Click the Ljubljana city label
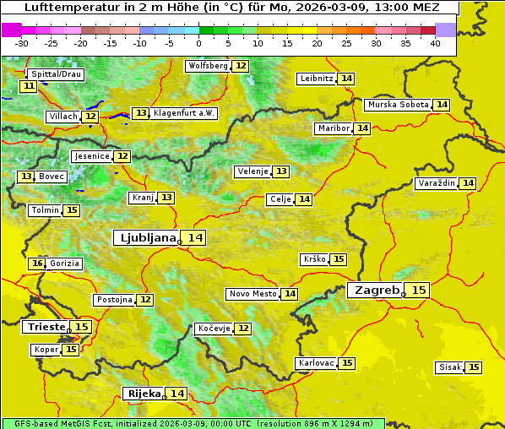coord(145,238)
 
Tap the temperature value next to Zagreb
coord(419,291)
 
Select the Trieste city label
coord(46,327)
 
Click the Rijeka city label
coord(144,394)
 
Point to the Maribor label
coord(332,128)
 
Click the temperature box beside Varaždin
coord(468,183)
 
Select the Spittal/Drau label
coord(56,74)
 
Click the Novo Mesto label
coord(252,294)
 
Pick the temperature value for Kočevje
coord(243,328)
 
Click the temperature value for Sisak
coord(474,367)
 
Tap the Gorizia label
coord(65,263)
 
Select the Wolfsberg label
coord(208,66)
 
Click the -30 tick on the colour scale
coord(22,43)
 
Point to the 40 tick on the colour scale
coord(435,43)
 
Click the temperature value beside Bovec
coord(26,176)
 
